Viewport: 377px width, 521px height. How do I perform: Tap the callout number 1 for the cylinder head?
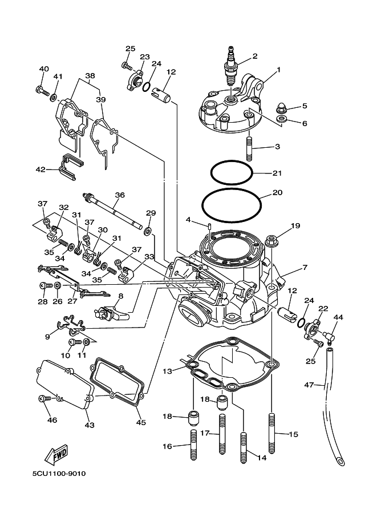[x=279, y=70]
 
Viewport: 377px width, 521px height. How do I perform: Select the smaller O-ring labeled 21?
[x=232, y=171]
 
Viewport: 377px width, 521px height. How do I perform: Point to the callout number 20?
[x=278, y=193]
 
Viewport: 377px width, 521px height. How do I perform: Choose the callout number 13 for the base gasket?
[x=167, y=371]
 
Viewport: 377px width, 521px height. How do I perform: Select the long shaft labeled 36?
[x=113, y=212]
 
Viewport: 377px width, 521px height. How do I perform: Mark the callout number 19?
[x=295, y=226]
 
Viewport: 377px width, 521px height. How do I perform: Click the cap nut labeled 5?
[x=281, y=107]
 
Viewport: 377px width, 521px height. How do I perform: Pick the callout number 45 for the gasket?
[x=141, y=422]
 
